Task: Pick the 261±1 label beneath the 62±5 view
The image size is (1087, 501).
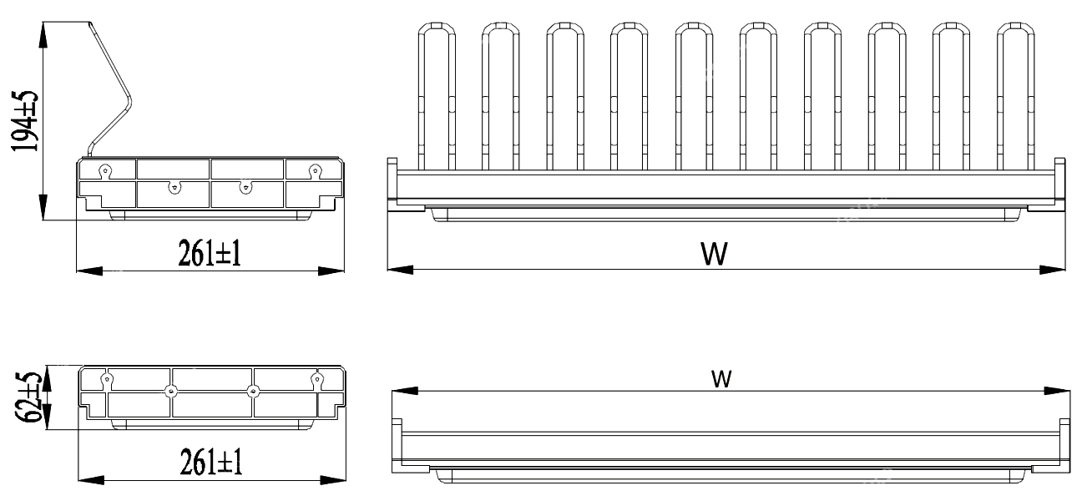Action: click(210, 463)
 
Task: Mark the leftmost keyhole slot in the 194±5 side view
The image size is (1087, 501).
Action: click(105, 170)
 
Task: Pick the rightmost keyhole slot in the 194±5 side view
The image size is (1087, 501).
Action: click(314, 170)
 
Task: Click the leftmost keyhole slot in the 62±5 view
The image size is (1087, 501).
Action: click(106, 380)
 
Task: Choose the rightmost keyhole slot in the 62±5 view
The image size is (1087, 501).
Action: click(316, 380)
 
